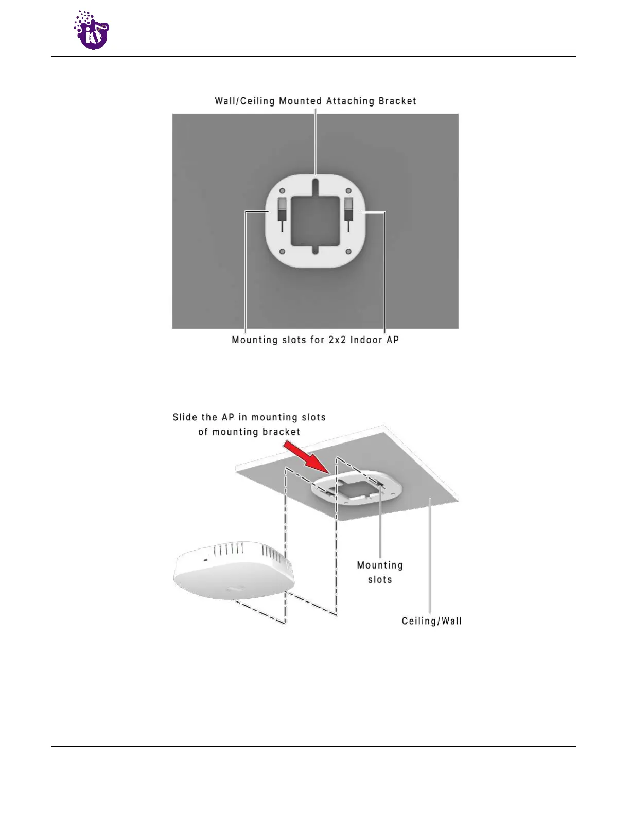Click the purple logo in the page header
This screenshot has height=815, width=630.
tap(92, 30)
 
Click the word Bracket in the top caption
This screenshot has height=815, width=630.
tap(397, 101)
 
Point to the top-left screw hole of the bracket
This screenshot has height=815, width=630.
tap(282, 191)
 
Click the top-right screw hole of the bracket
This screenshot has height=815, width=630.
tap(348, 191)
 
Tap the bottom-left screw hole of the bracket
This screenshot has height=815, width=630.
tap(282, 251)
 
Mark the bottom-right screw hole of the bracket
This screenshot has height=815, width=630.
tap(348, 251)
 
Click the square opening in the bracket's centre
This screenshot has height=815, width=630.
tap(315, 221)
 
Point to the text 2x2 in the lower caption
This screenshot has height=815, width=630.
tap(337, 340)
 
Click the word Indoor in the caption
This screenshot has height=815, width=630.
tap(366, 340)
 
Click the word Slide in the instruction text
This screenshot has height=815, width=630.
tap(185, 417)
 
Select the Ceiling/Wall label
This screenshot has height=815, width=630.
tap(432, 621)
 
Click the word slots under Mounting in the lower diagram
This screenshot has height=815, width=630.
tap(380, 580)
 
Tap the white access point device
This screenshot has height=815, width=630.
tap(234, 571)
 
